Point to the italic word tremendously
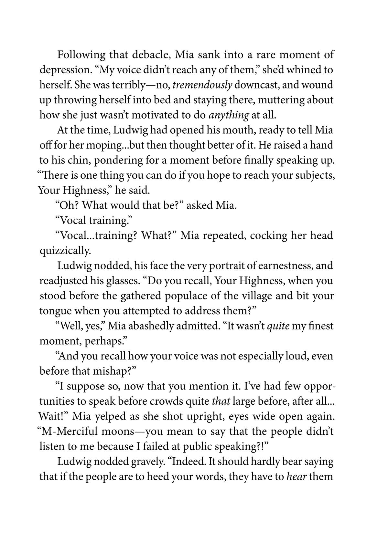pos(202,85)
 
